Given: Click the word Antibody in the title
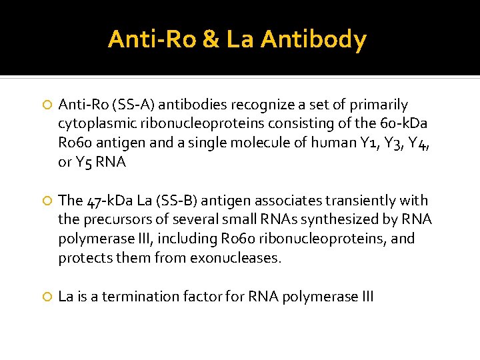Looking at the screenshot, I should (313, 40).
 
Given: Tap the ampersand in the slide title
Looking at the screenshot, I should (209, 40).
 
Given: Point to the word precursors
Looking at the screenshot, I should (113, 219).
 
